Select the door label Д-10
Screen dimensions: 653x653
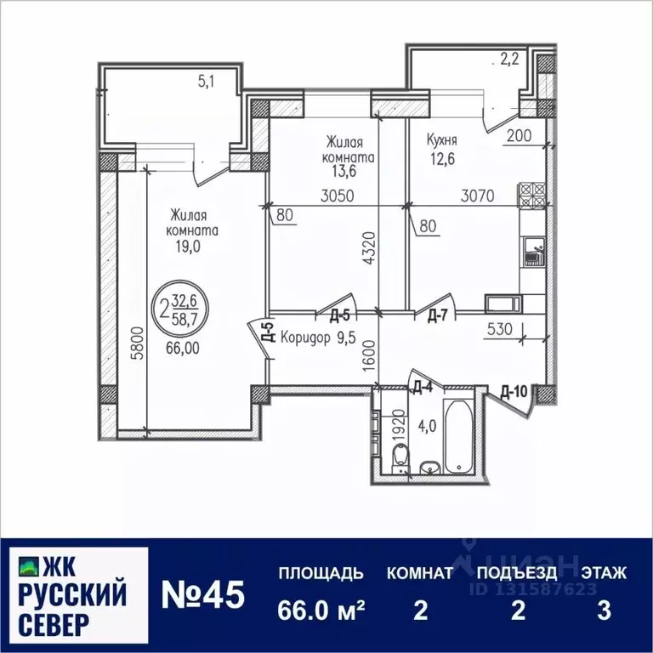click(x=515, y=392)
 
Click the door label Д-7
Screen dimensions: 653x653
click(x=438, y=316)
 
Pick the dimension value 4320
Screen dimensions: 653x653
click(x=367, y=249)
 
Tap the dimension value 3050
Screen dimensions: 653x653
click(x=338, y=196)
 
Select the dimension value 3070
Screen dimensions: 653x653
click(x=478, y=196)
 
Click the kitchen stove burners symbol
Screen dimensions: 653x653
click(x=531, y=196)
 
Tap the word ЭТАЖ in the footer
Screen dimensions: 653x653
click(x=604, y=572)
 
